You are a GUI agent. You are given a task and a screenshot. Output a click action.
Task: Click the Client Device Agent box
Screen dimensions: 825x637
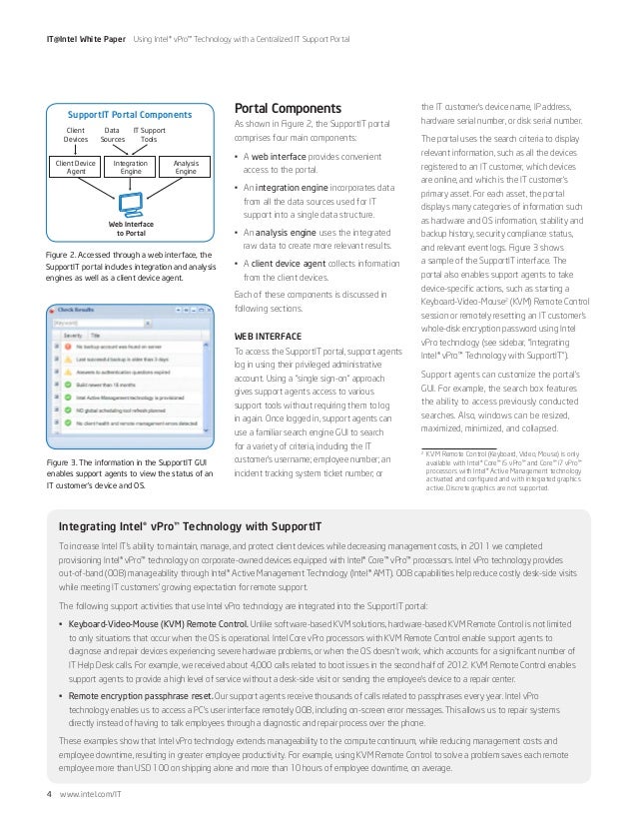(76, 166)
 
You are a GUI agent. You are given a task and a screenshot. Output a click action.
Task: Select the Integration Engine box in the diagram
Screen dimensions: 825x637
(130, 166)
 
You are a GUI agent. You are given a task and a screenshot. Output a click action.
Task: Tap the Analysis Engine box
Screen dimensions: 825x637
(185, 166)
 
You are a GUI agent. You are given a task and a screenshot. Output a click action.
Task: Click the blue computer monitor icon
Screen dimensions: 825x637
(130, 204)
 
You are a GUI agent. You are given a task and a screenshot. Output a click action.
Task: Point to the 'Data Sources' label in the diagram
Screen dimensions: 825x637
(114, 135)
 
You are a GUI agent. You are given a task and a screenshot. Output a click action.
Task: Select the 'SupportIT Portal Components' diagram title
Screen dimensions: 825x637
(131, 113)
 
